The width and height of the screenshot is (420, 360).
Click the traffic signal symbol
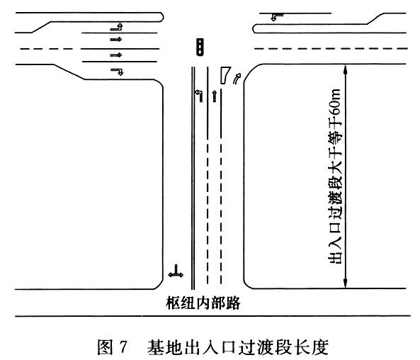pyautogui.click(x=200, y=47)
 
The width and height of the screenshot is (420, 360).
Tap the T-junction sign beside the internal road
pyautogui.click(x=176, y=272)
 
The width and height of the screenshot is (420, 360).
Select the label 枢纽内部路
pyautogui.click(x=203, y=303)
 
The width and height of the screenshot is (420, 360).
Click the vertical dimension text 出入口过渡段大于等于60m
pyautogui.click(x=335, y=176)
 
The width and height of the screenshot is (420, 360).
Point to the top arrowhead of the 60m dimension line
pyautogui.click(x=346, y=67)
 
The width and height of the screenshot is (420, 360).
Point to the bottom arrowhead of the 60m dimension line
pyautogui.click(x=346, y=286)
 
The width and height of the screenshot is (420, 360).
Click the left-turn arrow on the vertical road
pyautogui.click(x=199, y=96)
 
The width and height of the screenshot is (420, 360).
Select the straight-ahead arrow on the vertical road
pyautogui.click(x=214, y=96)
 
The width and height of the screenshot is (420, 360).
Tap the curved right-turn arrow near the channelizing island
pyautogui.click(x=237, y=79)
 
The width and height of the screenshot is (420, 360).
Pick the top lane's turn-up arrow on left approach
pyautogui.click(x=117, y=27)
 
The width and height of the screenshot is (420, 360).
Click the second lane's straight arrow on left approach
pyautogui.click(x=116, y=40)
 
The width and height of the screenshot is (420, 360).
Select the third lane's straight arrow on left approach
pyautogui.click(x=116, y=55)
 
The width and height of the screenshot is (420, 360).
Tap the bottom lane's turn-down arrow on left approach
pyautogui.click(x=117, y=72)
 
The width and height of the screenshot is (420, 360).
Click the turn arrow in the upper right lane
pyautogui.click(x=277, y=17)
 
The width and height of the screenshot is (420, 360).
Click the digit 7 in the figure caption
pyautogui.click(x=123, y=347)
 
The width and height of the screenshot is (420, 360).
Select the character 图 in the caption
pyautogui.click(x=106, y=347)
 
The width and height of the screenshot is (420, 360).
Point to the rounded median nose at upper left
pyautogui.click(x=161, y=17)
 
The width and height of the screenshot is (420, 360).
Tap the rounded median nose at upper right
pyautogui.click(x=255, y=28)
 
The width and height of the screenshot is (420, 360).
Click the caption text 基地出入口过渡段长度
pyautogui.click(x=238, y=347)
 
